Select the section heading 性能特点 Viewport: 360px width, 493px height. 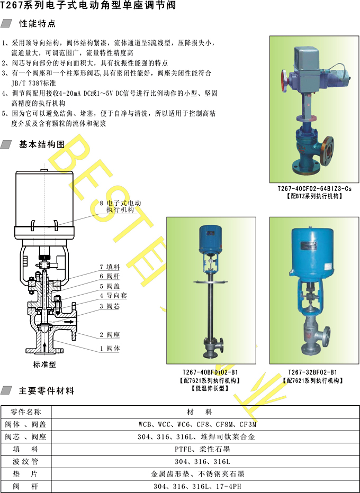38,24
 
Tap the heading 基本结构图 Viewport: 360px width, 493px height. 42,144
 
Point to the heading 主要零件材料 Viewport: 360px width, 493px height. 47,391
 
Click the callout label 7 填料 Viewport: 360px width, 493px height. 110,267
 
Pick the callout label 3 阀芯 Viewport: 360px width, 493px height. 110,306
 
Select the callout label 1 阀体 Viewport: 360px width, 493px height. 110,349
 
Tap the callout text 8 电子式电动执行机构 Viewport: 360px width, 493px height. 120,207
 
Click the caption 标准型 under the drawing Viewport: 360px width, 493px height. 44,364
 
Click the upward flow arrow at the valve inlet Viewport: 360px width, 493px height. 44,347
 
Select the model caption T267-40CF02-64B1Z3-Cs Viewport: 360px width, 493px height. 314,189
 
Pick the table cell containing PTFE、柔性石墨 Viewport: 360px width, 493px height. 202,449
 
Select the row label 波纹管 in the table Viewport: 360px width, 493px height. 25,462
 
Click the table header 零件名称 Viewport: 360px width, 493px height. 25,412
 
